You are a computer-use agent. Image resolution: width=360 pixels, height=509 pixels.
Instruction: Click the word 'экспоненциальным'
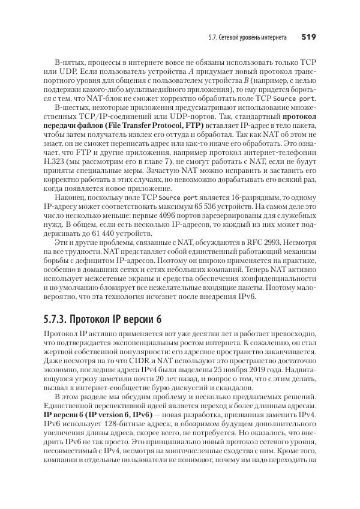pyautogui.click(x=139, y=342)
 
